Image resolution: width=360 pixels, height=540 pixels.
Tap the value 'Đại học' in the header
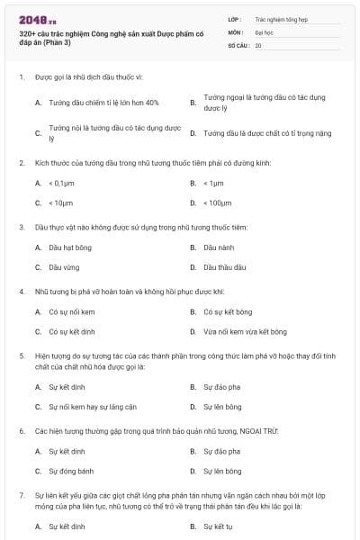click(265, 31)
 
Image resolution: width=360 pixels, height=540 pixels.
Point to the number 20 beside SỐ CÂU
click(258, 44)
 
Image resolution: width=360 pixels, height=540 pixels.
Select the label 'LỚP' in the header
click(235, 19)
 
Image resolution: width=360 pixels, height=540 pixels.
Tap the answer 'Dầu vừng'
click(63, 266)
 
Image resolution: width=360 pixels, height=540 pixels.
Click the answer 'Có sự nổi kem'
click(71, 311)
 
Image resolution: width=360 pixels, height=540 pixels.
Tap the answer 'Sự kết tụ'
click(219, 526)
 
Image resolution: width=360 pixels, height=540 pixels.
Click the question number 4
click(21, 292)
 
